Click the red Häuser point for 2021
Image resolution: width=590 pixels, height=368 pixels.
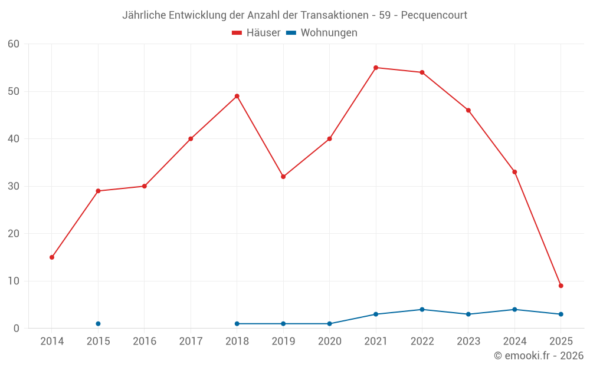click(x=376, y=68)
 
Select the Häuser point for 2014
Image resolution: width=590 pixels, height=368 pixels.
click(x=52, y=257)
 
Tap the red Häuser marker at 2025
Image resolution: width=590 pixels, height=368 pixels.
click(x=561, y=286)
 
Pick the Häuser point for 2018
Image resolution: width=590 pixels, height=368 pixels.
click(x=237, y=96)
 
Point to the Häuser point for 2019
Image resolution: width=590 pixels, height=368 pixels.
click(x=283, y=177)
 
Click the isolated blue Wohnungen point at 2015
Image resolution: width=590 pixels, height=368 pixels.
click(x=98, y=324)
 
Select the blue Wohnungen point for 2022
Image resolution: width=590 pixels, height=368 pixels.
click(x=422, y=310)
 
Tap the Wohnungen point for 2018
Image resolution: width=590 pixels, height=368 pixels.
click(x=237, y=324)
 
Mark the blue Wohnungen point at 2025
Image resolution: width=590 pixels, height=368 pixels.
click(x=561, y=314)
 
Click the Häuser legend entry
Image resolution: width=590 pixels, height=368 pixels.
click(x=257, y=33)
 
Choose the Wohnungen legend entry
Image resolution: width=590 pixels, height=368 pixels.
click(x=322, y=33)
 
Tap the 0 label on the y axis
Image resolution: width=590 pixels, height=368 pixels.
click(x=17, y=329)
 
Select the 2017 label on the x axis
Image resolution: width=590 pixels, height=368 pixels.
click(x=191, y=342)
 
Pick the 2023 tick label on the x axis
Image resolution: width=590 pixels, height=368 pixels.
click(x=468, y=342)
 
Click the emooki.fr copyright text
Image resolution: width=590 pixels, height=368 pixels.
click(x=539, y=356)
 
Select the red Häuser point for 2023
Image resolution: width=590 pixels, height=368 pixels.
click(x=468, y=110)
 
